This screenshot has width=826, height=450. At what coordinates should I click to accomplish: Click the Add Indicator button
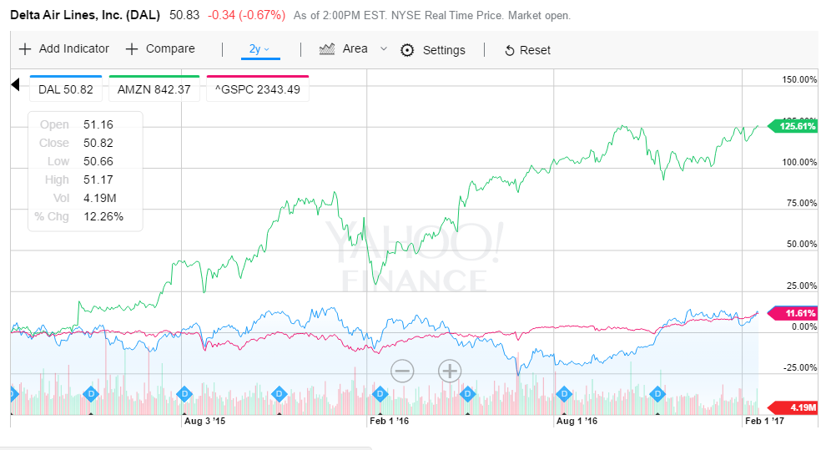tap(64, 49)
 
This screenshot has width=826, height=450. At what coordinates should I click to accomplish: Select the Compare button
tap(160, 49)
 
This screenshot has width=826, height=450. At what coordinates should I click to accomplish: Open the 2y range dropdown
tap(259, 49)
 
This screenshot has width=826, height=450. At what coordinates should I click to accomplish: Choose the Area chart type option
tap(345, 49)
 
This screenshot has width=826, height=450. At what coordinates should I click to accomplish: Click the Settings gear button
tap(433, 50)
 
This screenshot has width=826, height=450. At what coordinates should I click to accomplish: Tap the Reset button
tap(527, 50)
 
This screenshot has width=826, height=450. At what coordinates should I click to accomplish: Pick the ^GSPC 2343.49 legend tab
tap(257, 89)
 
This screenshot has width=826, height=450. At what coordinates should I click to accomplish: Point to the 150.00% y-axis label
tap(798, 79)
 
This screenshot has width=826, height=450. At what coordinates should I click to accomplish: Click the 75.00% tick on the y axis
tap(800, 203)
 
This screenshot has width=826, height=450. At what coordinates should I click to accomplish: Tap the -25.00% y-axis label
tap(798, 367)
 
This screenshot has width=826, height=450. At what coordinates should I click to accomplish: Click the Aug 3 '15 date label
tap(204, 422)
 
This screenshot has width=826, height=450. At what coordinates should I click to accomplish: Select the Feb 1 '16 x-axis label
tap(390, 422)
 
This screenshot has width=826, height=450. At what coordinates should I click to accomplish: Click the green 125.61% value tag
tap(796, 126)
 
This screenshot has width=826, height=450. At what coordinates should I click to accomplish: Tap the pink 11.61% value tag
tap(798, 313)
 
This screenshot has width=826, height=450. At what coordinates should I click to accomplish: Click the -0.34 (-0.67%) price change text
tap(247, 15)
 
